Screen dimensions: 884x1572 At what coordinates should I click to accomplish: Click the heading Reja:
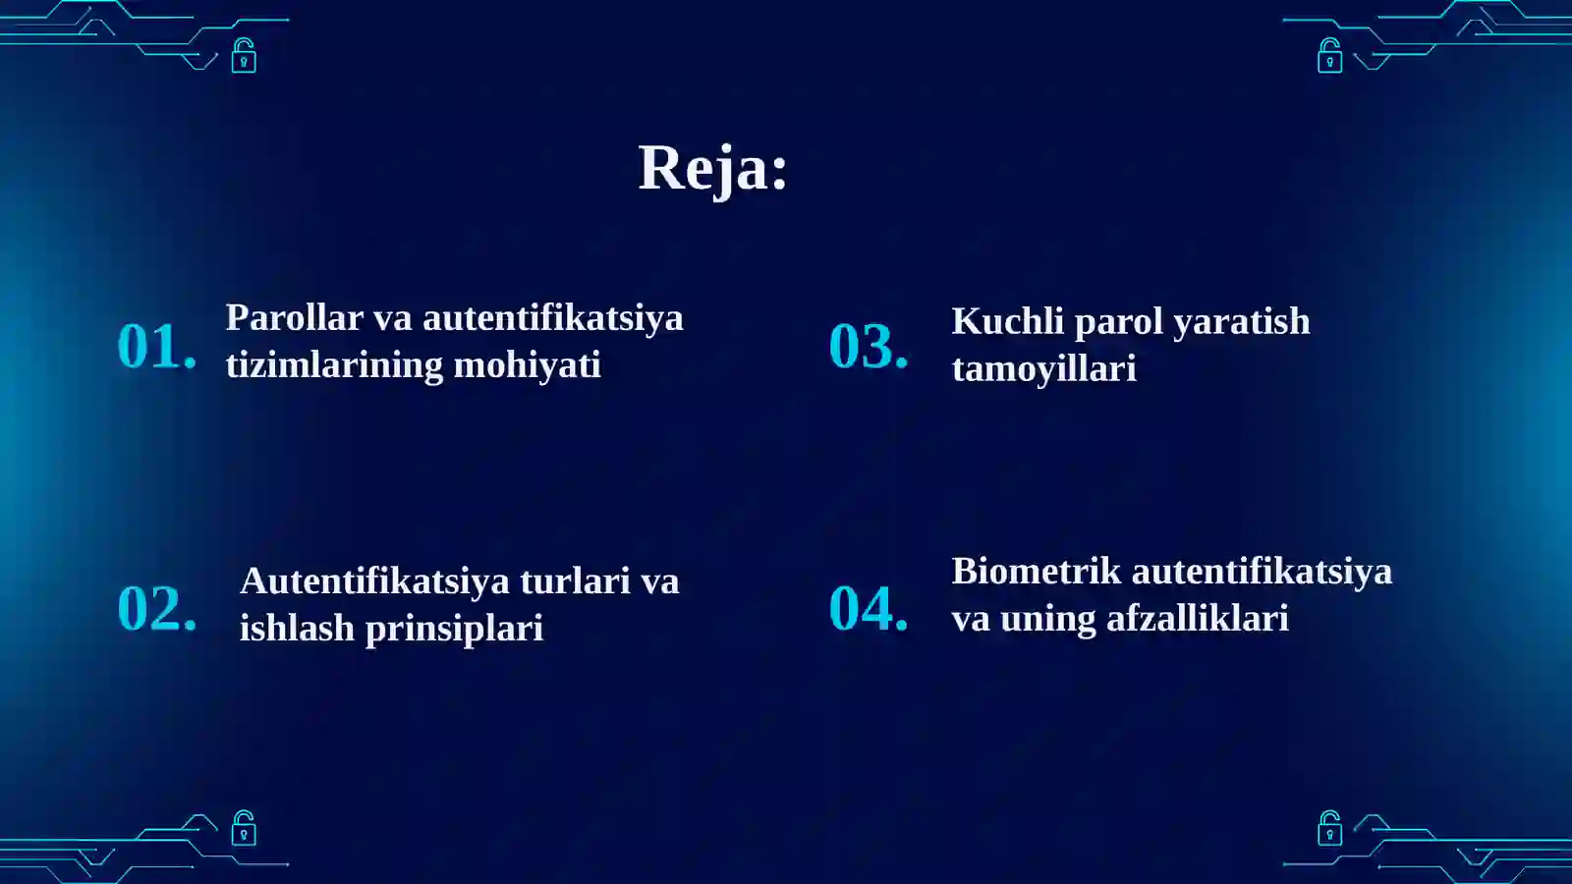pyautogui.click(x=712, y=168)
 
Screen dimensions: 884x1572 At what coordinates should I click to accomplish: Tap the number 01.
pyautogui.click(x=157, y=347)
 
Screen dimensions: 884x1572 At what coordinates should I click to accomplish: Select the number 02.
pyautogui.click(x=157, y=608)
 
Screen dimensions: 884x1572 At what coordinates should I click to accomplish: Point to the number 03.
pyautogui.click(x=869, y=347)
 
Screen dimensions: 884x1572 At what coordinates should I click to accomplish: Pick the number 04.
pyautogui.click(x=869, y=608)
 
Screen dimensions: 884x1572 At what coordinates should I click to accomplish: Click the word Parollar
pyautogui.click(x=294, y=318)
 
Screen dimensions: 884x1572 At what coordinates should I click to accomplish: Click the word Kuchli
pyautogui.click(x=1007, y=322)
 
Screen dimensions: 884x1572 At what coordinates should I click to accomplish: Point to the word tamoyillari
pyautogui.click(x=1043, y=369)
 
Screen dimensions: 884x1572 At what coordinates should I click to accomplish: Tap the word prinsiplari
pyautogui.click(x=454, y=629)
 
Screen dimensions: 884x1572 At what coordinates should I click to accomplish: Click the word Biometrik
pyautogui.click(x=1036, y=572)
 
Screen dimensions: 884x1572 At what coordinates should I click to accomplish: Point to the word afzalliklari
pyautogui.click(x=1197, y=619)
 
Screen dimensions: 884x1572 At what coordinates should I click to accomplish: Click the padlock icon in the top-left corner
pyautogui.click(x=244, y=56)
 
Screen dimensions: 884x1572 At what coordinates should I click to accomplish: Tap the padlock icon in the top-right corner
pyautogui.click(x=1329, y=56)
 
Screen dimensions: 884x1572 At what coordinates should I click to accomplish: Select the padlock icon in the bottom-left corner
pyautogui.click(x=244, y=828)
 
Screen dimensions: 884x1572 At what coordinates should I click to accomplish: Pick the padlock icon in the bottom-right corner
pyautogui.click(x=1329, y=828)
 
